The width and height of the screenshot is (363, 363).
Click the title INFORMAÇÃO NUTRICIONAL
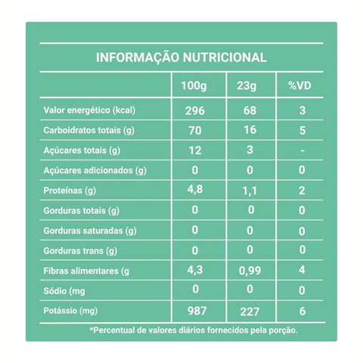181,57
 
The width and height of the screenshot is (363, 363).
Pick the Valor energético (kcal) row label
89,110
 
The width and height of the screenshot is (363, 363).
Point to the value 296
194,110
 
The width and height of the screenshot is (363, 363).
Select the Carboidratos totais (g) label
89,130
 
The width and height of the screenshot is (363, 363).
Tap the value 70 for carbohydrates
194,130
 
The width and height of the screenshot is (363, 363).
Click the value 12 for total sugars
194,150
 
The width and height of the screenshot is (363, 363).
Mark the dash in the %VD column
302,150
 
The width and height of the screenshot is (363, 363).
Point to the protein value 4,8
194,190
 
